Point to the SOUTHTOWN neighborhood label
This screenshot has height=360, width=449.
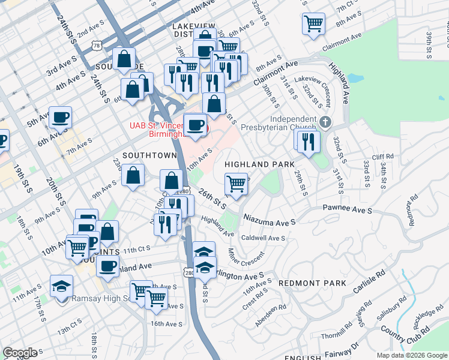149,155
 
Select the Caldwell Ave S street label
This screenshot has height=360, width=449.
262,238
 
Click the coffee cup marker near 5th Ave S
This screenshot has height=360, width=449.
59,116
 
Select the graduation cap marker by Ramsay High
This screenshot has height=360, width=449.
61,286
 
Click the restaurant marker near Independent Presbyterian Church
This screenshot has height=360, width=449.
309,141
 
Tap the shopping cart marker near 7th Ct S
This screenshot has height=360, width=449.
314,23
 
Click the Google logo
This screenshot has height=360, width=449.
20,353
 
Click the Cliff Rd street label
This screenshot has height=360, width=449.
382,157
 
